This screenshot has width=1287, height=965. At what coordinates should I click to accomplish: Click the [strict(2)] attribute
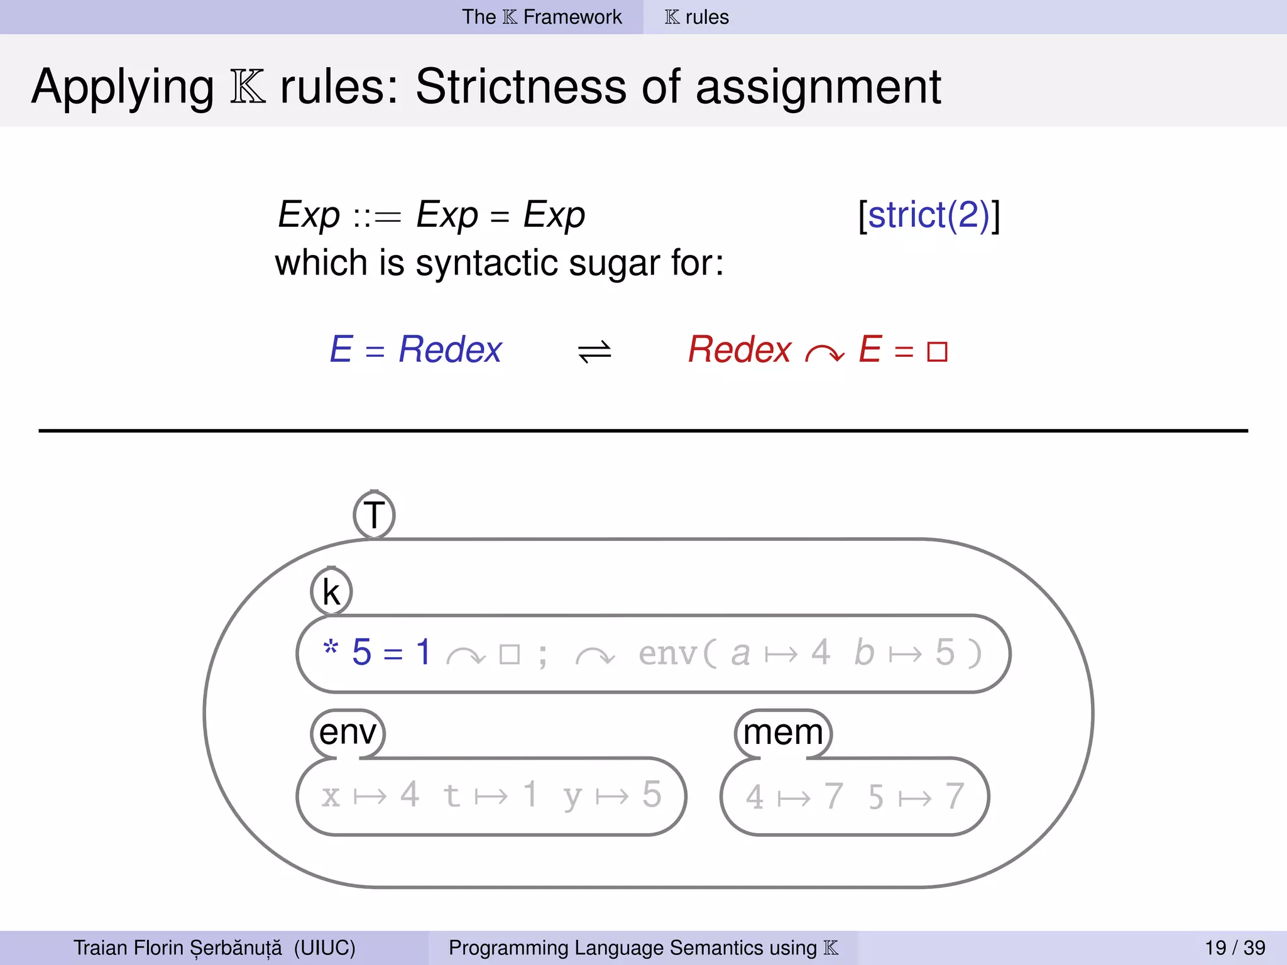(929, 215)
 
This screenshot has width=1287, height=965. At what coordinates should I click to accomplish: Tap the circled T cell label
(374, 515)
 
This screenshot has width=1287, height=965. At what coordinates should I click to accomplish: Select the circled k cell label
(331, 592)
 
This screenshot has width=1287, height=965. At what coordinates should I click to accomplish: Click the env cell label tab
(348, 733)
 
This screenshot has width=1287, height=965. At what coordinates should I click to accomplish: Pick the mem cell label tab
(783, 733)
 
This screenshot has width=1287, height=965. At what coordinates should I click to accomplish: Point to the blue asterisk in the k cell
(331, 647)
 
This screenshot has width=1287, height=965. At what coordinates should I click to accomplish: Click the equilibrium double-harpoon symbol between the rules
(594, 351)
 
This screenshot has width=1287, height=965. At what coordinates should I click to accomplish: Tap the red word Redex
(740, 349)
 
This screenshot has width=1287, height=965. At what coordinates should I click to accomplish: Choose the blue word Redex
(450, 349)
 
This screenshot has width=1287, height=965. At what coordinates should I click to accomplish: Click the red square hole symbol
(936, 352)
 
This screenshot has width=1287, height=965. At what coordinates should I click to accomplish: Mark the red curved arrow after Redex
(824, 354)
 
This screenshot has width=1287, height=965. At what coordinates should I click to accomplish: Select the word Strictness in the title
(521, 86)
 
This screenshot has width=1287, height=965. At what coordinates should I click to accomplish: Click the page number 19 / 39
(1235, 947)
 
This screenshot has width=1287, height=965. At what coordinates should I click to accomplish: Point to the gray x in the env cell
(331, 797)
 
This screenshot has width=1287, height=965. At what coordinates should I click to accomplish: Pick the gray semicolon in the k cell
(542, 655)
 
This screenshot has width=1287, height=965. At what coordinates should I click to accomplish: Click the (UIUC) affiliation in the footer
(324, 947)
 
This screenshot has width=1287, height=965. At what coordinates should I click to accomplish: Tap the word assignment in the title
(818, 86)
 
